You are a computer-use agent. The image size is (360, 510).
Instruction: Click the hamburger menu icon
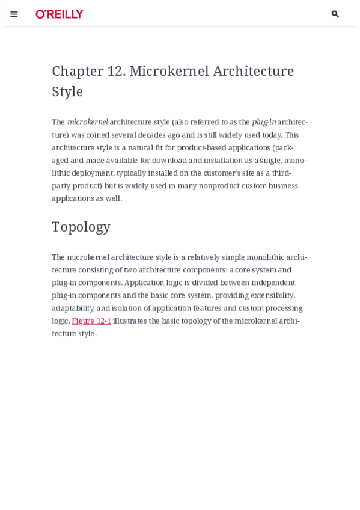pyautogui.click(x=14, y=14)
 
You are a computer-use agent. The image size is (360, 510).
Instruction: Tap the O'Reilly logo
pyautogui.click(x=59, y=14)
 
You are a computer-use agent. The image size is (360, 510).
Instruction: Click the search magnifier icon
pyautogui.click(x=335, y=14)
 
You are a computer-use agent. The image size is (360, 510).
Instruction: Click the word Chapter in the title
pyautogui.click(x=78, y=71)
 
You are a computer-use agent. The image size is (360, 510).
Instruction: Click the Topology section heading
pyautogui.click(x=81, y=227)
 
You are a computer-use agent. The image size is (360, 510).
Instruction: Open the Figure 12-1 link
pyautogui.click(x=91, y=321)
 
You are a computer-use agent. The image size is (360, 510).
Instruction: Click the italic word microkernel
pyautogui.click(x=88, y=122)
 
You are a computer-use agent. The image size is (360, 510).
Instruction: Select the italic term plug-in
pyautogui.click(x=264, y=122)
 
